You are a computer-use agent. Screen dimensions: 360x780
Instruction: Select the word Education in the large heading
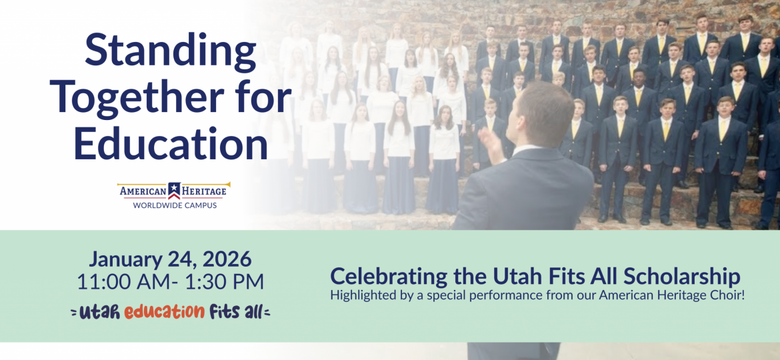[x=171, y=141]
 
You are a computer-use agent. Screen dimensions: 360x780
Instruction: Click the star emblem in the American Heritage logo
[x=174, y=191]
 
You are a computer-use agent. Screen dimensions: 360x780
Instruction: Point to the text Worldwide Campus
[x=175, y=205]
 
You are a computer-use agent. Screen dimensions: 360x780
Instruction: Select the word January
[x=125, y=259]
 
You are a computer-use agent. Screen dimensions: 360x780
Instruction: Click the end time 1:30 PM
[x=230, y=282]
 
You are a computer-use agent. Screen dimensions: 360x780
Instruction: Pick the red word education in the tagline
[x=164, y=311]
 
